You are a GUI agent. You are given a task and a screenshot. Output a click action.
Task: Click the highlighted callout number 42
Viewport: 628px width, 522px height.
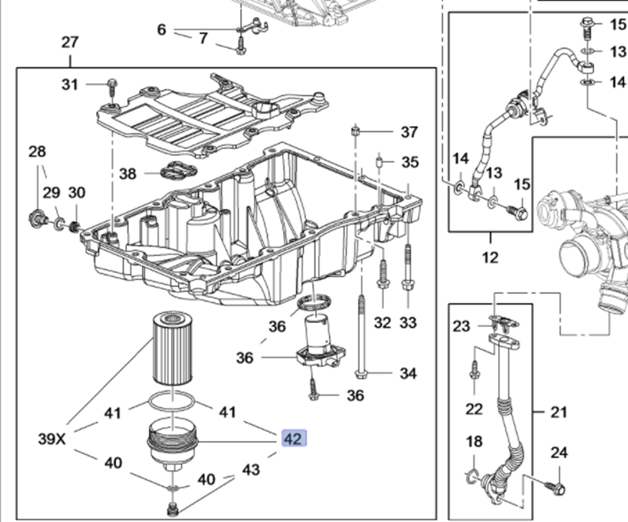[294, 439]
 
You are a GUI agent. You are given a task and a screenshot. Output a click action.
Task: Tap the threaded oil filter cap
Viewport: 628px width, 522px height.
[172, 443]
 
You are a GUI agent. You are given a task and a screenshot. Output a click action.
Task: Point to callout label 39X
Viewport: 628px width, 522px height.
[52, 439]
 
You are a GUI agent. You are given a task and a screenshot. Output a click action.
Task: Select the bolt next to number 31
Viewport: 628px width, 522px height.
[112, 88]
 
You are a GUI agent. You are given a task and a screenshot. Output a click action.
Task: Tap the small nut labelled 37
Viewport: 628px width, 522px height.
[356, 131]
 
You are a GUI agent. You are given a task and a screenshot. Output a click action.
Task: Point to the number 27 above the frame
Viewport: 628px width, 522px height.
[69, 42]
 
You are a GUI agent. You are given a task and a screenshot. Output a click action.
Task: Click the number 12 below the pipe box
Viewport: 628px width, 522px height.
[490, 257]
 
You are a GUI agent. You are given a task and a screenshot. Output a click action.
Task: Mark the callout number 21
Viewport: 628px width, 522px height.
[559, 412]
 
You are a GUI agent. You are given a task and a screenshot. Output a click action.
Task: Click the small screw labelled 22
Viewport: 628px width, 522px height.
[474, 371]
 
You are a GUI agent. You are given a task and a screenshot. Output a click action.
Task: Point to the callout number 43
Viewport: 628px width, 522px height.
[251, 470]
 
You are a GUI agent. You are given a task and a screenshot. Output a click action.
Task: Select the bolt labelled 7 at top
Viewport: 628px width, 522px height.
[241, 46]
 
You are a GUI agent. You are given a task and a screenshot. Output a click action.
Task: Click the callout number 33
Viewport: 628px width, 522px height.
[408, 322]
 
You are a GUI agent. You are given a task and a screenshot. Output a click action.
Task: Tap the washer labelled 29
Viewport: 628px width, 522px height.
[59, 224]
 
